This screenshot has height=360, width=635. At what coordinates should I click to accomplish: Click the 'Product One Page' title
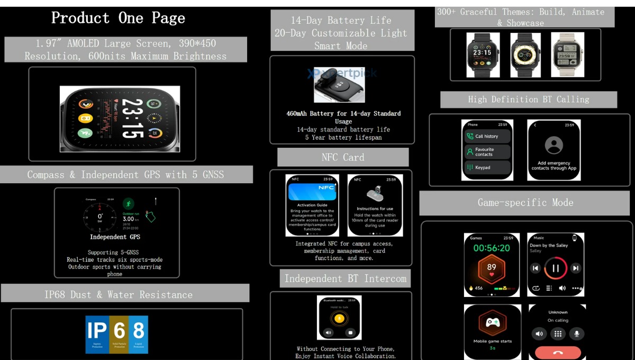(x=118, y=18)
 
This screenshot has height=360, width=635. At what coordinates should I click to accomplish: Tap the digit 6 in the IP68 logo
(x=119, y=331)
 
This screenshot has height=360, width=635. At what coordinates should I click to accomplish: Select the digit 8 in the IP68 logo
(x=139, y=331)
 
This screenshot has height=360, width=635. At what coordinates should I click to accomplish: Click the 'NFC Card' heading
(x=342, y=157)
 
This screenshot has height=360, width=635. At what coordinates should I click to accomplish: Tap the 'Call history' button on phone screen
(x=487, y=136)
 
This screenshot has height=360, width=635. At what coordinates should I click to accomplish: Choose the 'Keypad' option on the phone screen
(x=487, y=167)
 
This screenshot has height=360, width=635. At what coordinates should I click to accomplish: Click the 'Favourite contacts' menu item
(x=487, y=152)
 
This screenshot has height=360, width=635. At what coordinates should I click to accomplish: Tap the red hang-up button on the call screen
(x=557, y=352)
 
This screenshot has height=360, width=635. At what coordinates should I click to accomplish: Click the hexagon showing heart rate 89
(x=492, y=268)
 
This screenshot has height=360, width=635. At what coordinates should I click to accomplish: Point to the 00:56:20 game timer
(x=492, y=248)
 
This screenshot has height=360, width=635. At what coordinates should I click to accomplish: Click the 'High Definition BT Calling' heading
(x=528, y=100)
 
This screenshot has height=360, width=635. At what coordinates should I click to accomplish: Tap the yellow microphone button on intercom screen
(x=339, y=318)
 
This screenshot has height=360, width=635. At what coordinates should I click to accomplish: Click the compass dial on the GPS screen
(x=99, y=217)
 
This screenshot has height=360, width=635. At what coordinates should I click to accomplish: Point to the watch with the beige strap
(x=567, y=55)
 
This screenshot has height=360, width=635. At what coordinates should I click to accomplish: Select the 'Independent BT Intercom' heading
(x=345, y=278)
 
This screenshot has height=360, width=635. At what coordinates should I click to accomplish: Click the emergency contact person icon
(x=554, y=145)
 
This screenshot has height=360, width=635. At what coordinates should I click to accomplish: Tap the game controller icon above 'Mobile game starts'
(x=492, y=322)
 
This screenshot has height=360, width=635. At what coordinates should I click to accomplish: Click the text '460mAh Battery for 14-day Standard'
(x=343, y=113)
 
